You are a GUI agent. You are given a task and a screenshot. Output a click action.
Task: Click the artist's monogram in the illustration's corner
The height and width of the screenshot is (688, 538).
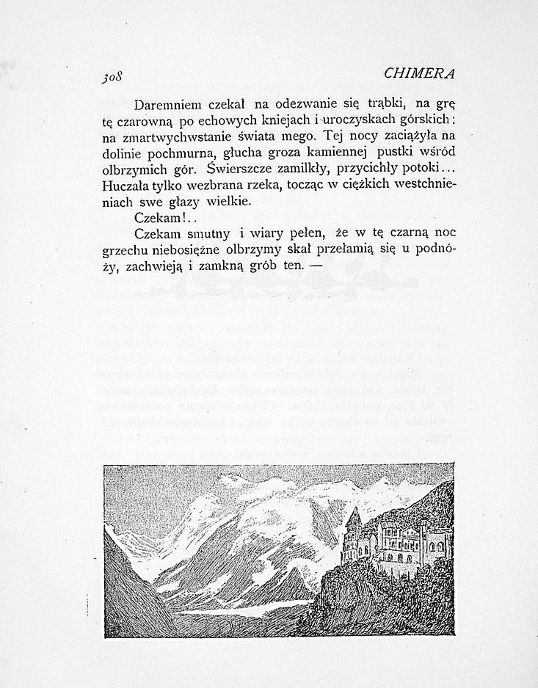tap(115, 632)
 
